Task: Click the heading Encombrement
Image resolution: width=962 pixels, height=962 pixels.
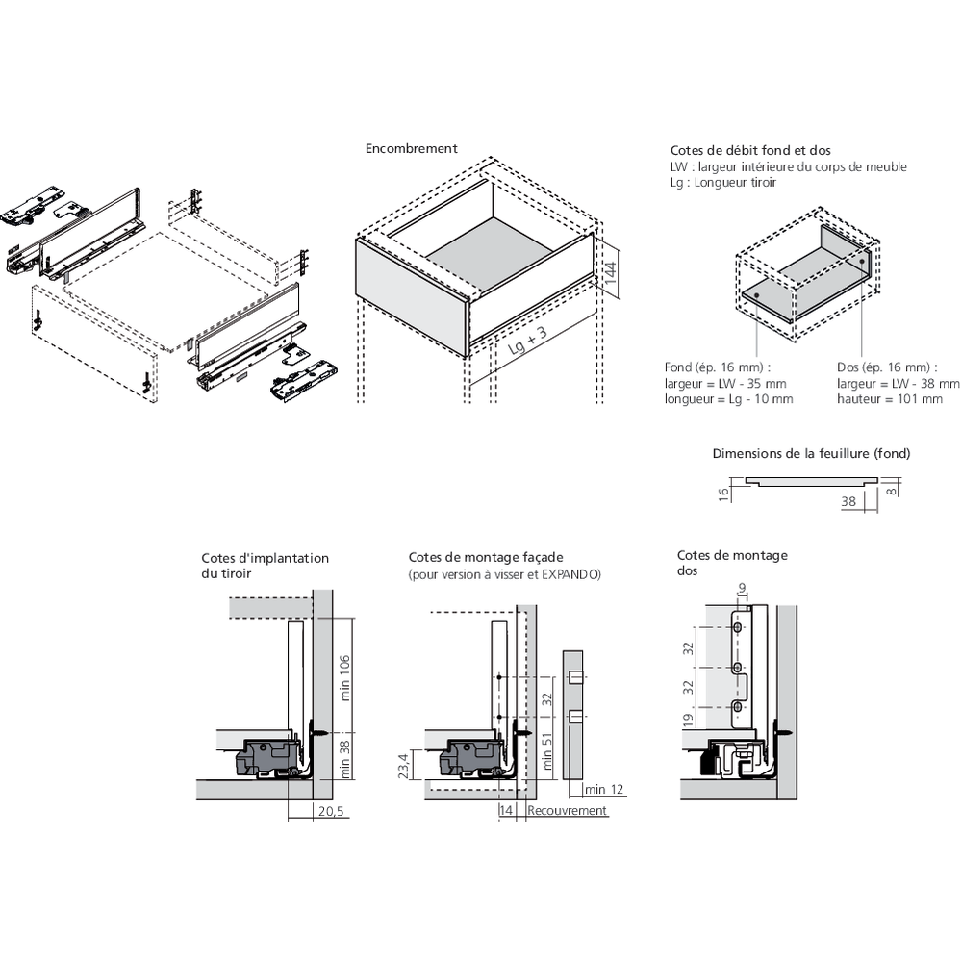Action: (411, 149)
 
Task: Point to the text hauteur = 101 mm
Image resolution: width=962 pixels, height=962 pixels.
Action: (890, 398)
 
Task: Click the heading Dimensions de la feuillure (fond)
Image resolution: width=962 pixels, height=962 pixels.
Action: (811, 453)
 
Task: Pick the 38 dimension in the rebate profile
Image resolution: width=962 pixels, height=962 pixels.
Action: (848, 501)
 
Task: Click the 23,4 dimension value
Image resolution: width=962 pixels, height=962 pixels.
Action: (405, 766)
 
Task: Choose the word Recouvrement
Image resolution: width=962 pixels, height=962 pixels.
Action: (567, 811)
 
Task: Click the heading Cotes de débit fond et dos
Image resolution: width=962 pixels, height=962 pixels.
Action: (750, 151)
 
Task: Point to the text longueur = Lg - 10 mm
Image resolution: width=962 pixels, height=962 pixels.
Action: (728, 398)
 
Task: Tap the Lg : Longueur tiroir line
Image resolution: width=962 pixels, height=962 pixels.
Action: (723, 182)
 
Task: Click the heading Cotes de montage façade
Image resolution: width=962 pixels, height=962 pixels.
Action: (486, 557)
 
